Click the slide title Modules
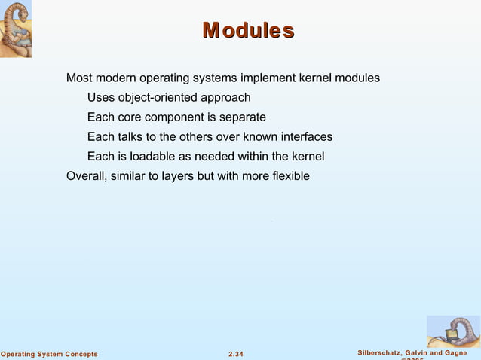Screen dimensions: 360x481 point(248,31)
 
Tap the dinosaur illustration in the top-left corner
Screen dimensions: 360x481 point(16,29)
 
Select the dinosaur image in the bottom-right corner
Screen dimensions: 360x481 point(453,331)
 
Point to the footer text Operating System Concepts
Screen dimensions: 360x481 point(49,354)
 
